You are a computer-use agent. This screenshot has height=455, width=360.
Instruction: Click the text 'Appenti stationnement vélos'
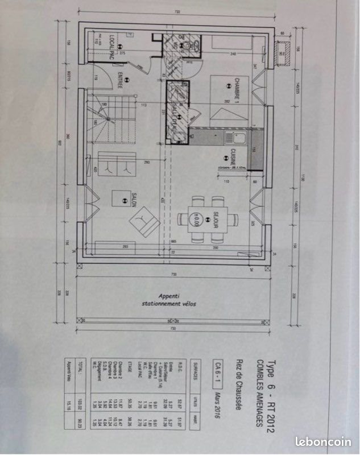[169, 300]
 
